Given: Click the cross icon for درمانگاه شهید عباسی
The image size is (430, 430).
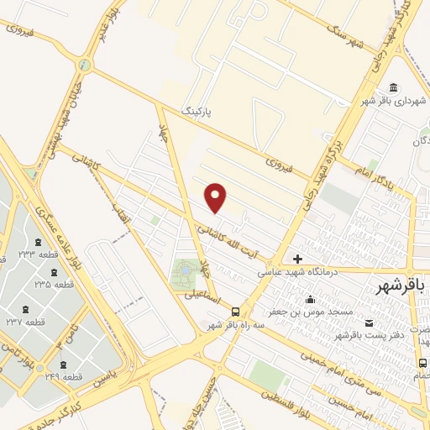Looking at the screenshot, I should coord(297,257).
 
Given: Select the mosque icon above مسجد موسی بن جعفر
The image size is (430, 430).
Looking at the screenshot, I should coord(311,300).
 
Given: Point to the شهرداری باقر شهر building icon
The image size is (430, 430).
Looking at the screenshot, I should coord(394,88).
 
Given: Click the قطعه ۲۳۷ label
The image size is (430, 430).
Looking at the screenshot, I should coord(26,322).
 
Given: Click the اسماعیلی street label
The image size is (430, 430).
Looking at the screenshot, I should coord(202,296).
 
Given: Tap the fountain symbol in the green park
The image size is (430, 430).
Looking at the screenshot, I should coord(183,272).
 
